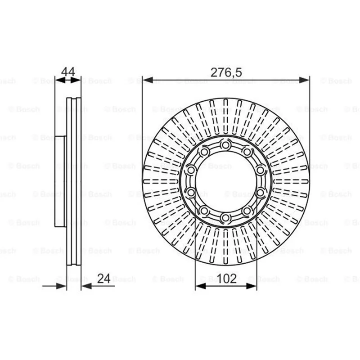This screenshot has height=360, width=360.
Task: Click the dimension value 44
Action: click(x=68, y=72)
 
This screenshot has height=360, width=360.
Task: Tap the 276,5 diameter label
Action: click(x=226, y=72)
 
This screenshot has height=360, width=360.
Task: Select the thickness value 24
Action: click(x=104, y=279)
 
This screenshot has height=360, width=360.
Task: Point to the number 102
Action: click(x=227, y=279)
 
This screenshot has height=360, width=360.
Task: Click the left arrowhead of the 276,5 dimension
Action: click(x=148, y=80)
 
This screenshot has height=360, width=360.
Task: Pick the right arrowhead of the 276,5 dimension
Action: click(x=305, y=80)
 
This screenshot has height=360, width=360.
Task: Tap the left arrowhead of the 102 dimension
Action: click(x=200, y=286)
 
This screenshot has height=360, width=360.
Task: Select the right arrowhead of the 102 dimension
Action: click(x=252, y=286)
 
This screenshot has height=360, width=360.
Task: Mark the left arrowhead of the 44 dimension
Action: click(x=60, y=80)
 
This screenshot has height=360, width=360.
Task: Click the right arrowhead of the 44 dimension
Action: click(x=76, y=80)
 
